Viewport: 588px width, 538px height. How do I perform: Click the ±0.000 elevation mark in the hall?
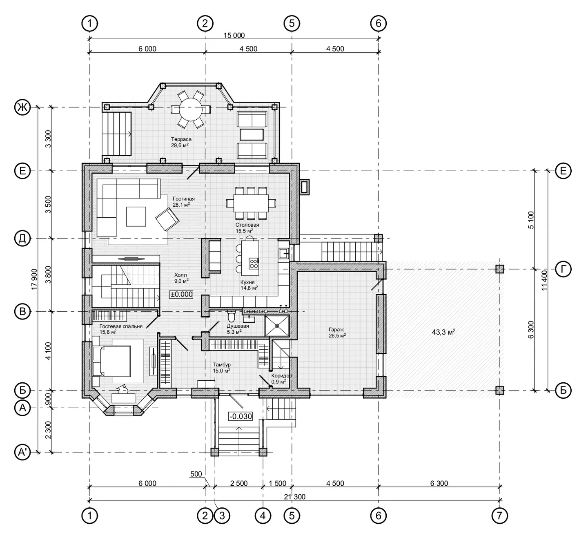[181, 294]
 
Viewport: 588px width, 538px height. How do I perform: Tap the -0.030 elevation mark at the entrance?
[241, 416]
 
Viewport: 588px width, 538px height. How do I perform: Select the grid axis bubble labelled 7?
[499, 516]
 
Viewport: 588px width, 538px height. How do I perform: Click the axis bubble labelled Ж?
[22, 107]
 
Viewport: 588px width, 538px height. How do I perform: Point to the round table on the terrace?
[191, 109]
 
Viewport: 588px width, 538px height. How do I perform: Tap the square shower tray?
[277, 326]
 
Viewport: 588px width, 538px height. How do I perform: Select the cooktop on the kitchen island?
[254, 263]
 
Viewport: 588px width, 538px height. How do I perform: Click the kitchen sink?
[283, 253]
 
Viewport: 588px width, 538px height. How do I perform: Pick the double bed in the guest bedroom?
[111, 361]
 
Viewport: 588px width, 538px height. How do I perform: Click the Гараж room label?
[336, 329]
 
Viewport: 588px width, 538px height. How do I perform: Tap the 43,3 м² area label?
[443, 332]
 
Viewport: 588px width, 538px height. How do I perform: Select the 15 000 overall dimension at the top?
[234, 36]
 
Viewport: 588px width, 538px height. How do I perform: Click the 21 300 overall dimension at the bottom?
[294, 497]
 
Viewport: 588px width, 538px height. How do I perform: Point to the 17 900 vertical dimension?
[35, 279]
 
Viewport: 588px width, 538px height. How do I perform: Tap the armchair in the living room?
[167, 219]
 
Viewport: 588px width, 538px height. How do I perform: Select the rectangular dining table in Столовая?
[251, 203]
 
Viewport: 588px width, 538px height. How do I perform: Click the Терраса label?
[181, 139]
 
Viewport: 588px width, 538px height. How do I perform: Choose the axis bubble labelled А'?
[22, 452]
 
